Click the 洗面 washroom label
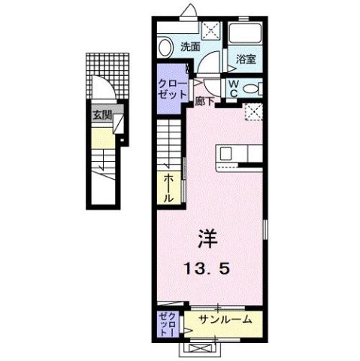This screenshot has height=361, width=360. pyautogui.click(x=190, y=47)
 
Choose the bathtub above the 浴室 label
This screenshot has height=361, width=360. pyautogui.click(x=246, y=35)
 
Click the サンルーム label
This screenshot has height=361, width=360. pyautogui.click(x=225, y=320)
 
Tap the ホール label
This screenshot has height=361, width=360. pyautogui.click(x=168, y=187)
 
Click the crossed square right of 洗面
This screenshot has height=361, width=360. pyautogui.click(x=213, y=32)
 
